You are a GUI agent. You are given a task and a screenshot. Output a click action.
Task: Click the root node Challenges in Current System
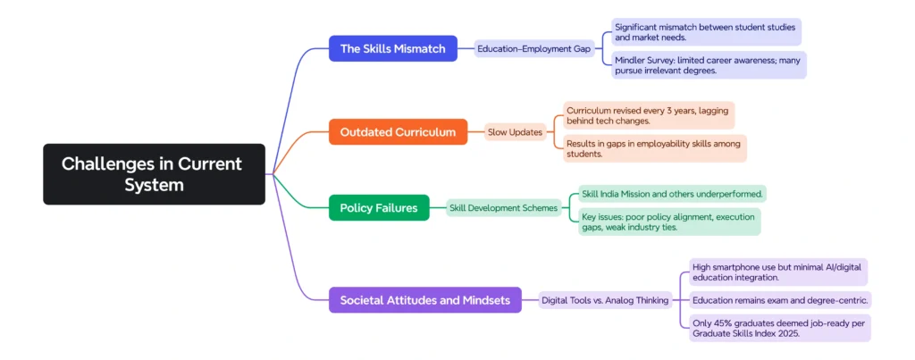click(154, 174)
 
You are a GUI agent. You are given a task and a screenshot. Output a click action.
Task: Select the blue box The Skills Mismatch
click(392, 48)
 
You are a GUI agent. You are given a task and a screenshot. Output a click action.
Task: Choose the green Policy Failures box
click(378, 208)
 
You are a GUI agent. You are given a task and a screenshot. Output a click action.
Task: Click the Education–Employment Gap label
click(534, 49)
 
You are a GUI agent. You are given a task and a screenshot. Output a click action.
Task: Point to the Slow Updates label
click(515, 132)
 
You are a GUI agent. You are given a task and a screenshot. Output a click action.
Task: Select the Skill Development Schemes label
click(503, 208)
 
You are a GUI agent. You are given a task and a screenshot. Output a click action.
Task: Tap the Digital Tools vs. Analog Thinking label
click(605, 300)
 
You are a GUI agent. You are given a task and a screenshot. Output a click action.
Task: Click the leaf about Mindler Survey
click(709, 65)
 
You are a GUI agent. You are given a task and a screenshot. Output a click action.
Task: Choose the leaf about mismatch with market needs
click(706, 32)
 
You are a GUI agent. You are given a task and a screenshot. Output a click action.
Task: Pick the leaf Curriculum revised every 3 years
click(648, 115)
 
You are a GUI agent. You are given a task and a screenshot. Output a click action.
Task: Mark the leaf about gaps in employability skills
click(654, 148)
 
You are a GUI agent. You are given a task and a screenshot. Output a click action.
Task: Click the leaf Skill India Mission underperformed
click(672, 194)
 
